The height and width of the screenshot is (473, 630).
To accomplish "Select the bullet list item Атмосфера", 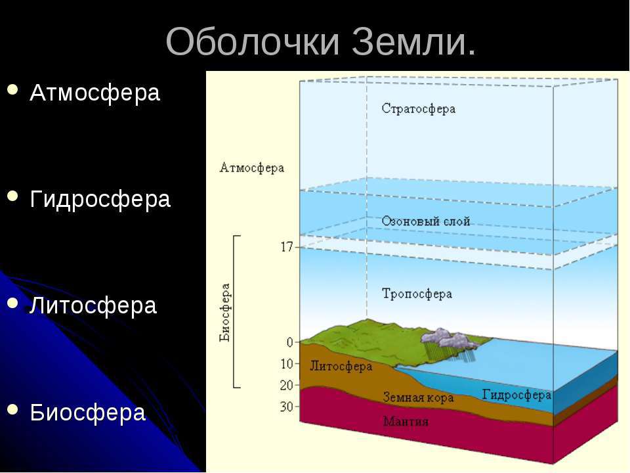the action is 94,93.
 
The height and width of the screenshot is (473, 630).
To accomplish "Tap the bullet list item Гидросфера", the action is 100,200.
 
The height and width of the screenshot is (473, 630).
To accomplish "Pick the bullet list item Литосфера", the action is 93,305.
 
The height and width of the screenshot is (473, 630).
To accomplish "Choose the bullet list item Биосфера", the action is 87,413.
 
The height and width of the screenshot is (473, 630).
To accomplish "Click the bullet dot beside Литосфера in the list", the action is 12,304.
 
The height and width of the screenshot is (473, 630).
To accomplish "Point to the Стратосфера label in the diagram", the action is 418,109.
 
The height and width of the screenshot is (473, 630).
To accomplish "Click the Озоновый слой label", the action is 425,221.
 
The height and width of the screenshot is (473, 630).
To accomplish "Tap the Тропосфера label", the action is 417,294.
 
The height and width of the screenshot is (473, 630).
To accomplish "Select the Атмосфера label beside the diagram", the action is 252,168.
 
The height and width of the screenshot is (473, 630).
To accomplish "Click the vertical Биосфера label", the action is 225,313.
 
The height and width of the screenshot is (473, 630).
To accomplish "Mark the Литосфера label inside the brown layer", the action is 341,367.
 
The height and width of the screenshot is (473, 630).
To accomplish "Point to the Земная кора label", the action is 418,397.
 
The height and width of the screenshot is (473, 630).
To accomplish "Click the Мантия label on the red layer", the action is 406,421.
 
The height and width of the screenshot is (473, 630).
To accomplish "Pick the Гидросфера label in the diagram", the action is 516,395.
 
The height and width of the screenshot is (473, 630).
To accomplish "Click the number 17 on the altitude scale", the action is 287,247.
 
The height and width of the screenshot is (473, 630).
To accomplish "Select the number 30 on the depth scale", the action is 287,407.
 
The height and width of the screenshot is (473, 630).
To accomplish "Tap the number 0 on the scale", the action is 289,343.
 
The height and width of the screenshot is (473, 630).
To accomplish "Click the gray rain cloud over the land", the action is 449,339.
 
